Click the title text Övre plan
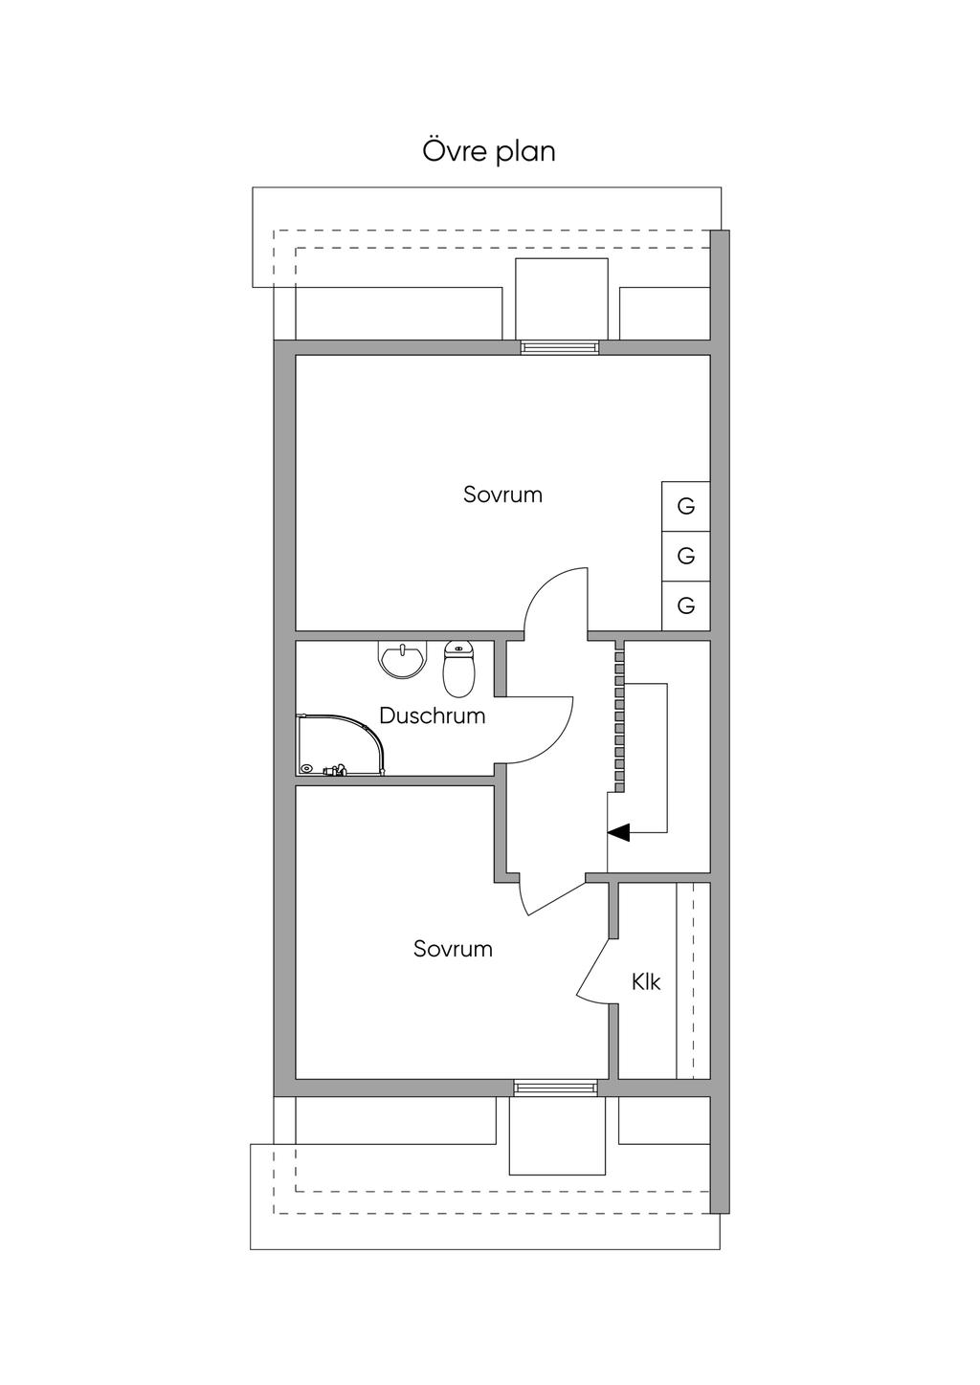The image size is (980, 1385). [x=489, y=152]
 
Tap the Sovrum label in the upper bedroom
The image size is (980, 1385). [x=502, y=495]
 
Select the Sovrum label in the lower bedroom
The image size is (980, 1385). [x=453, y=949]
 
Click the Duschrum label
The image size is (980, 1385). [x=432, y=715]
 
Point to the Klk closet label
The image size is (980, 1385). [x=646, y=981]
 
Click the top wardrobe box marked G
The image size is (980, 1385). [x=685, y=506]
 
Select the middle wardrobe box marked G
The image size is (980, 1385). [x=685, y=556]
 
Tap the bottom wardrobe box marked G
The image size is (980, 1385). [x=685, y=605]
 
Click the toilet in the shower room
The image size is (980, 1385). [x=459, y=670]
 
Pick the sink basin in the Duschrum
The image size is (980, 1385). [x=402, y=660]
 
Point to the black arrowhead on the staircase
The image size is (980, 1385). [x=619, y=832]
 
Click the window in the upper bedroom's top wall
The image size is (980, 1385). [x=560, y=347]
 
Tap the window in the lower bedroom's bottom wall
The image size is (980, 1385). [x=555, y=1088]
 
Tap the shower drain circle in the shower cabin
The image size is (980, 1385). [x=306, y=768]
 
